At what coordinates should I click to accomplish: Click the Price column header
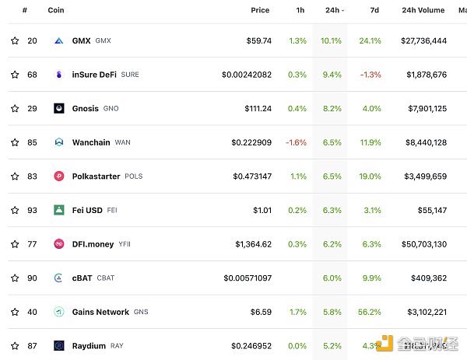tap(260, 10)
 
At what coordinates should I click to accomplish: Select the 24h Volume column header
tap(423, 10)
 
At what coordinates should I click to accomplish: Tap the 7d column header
tap(374, 10)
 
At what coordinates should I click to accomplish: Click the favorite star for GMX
tap(15, 40)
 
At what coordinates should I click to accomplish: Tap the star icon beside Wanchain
tap(15, 142)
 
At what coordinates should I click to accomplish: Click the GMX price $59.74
tap(257, 40)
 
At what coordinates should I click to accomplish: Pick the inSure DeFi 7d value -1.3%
tap(370, 75)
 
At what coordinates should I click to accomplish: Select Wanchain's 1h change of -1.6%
tap(296, 142)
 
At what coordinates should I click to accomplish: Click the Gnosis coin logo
tap(58, 109)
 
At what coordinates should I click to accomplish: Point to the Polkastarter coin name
tap(96, 177)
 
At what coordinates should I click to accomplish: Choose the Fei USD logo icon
tap(58, 210)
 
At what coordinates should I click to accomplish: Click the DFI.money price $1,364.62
tap(254, 244)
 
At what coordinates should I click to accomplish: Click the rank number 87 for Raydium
tap(32, 345)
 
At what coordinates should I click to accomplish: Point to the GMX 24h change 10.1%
tap(331, 40)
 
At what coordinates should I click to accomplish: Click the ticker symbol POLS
tap(134, 177)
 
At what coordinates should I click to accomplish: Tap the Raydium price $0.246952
tap(251, 345)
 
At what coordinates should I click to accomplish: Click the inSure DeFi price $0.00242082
tap(247, 75)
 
